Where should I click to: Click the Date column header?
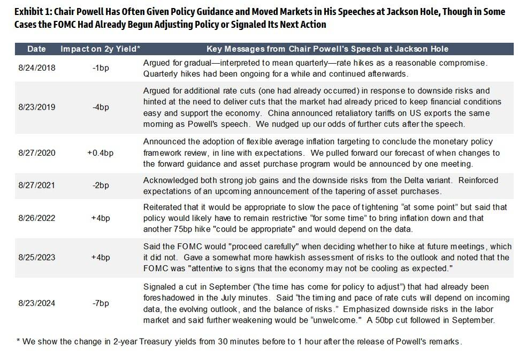[36, 49]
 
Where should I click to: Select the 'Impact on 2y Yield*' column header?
[100, 49]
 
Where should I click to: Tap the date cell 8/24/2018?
[36, 68]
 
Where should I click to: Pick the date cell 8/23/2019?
[36, 107]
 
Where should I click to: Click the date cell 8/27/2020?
[36, 153]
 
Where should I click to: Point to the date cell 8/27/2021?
[36, 185]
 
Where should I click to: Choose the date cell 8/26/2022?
[36, 218]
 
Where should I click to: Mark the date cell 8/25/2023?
[36, 257]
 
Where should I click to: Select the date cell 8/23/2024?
[36, 303]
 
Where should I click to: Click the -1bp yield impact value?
[100, 68]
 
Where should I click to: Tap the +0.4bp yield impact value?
[100, 153]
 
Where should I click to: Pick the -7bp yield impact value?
[100, 303]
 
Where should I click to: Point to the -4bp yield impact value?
[100, 107]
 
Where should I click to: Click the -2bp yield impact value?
[100, 185]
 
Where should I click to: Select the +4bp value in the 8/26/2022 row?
[100, 218]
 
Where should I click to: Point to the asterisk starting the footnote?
[18, 341]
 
